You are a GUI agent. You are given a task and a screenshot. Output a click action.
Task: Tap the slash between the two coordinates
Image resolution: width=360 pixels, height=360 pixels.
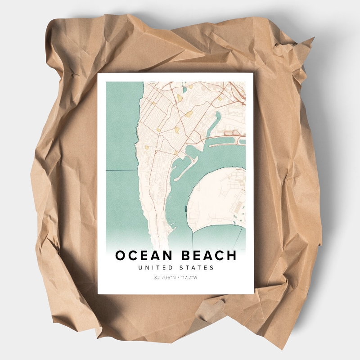pyautogui.click(x=177, y=278)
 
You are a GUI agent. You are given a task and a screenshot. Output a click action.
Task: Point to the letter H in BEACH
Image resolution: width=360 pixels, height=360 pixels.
pyautogui.click(x=231, y=256)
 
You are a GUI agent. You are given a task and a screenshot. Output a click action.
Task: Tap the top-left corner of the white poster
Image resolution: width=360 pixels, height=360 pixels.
pyautogui.click(x=99, y=74)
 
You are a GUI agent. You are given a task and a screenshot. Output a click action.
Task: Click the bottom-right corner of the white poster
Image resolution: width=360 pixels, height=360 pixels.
pyautogui.click(x=253, y=293)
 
